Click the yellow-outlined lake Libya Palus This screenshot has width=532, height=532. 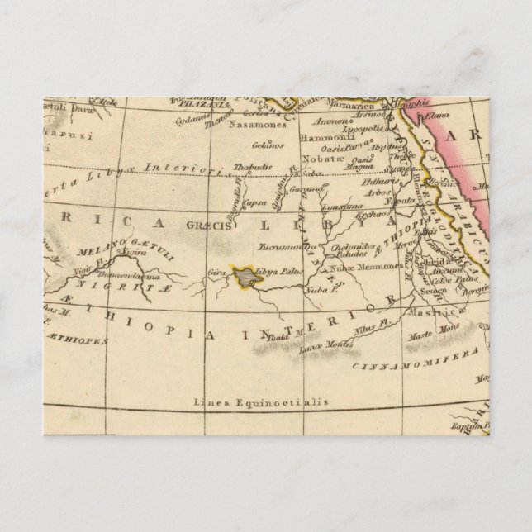245,276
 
